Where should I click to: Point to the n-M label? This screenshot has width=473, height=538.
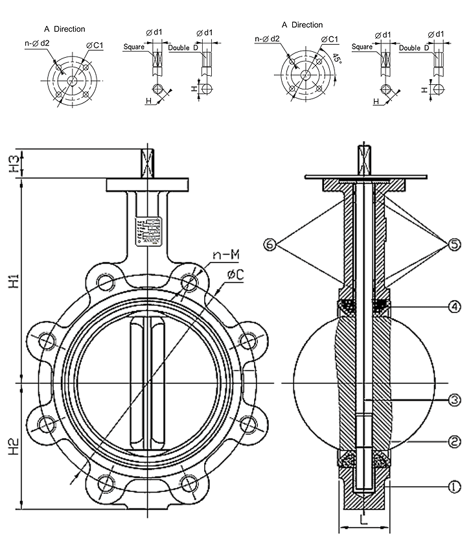[221, 255]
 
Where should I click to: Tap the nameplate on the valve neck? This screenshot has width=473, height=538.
[149, 229]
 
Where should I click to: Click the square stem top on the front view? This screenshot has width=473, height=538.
[148, 164]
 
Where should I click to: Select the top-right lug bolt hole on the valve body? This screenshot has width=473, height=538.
[189, 282]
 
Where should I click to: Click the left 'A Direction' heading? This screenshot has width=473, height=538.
[64, 29]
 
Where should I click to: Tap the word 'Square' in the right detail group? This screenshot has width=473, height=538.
[362, 47]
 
